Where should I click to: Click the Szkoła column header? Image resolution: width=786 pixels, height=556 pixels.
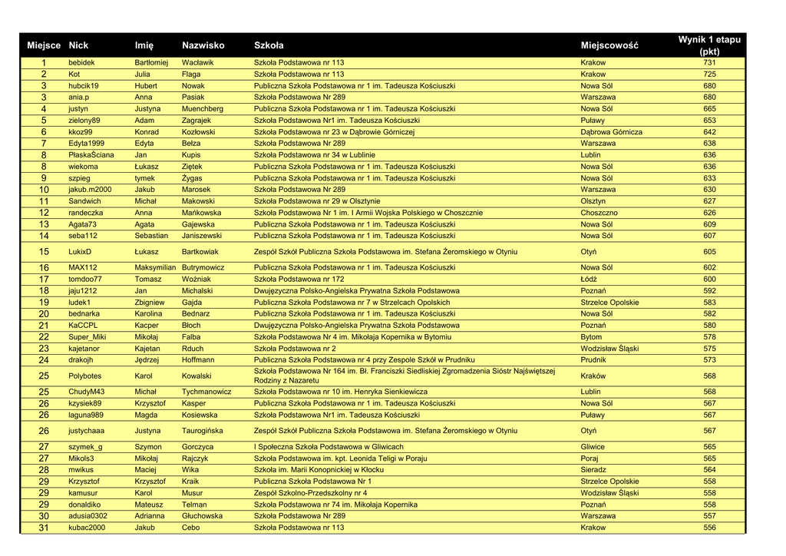point(269,46)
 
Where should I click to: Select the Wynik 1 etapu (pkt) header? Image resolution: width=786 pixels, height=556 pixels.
point(709,45)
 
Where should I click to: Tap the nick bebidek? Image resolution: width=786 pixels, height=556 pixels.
point(81,63)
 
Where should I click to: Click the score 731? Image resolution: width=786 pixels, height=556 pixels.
point(709,63)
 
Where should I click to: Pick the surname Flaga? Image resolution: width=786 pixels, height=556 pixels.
point(191,74)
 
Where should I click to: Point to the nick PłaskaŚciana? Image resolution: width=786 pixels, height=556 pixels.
point(91,155)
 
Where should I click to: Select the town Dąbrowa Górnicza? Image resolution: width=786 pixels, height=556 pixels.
point(611,132)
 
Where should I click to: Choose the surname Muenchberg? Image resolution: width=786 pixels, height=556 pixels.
point(202,109)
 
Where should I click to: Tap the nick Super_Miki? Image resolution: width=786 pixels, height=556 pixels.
point(87,337)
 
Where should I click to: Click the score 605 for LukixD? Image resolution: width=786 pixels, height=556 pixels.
point(709,252)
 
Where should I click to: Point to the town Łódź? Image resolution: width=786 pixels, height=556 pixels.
point(589,280)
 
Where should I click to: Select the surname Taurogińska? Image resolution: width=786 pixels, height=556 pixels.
point(202,432)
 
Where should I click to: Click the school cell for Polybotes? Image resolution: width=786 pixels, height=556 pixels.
point(405,376)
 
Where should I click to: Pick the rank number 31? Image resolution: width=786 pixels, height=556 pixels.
point(44,528)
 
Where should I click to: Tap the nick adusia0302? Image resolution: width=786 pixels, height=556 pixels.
point(88,516)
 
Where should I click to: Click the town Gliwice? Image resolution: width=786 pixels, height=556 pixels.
point(593,447)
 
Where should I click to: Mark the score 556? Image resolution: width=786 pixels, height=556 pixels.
point(709,528)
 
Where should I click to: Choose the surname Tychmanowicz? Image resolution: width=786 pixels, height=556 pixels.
point(206,392)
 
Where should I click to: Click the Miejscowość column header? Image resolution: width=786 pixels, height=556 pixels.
point(609,46)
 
